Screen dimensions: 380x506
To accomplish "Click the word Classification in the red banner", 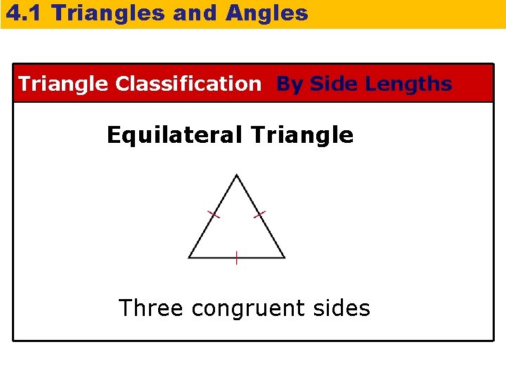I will point(188,84).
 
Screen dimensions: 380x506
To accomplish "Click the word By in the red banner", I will point(290,84).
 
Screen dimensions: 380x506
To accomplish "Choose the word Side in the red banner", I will point(334,84).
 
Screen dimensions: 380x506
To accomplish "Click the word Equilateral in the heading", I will point(175,134).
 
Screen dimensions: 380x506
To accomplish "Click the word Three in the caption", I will point(151,308).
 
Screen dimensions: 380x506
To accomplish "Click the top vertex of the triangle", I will point(237,175).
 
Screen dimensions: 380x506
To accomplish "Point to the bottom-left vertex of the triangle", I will point(188,258).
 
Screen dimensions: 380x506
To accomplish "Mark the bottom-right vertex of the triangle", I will point(285,258).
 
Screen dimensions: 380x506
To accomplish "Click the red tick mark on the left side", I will point(213,213).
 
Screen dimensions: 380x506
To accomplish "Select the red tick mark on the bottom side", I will point(236,258).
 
